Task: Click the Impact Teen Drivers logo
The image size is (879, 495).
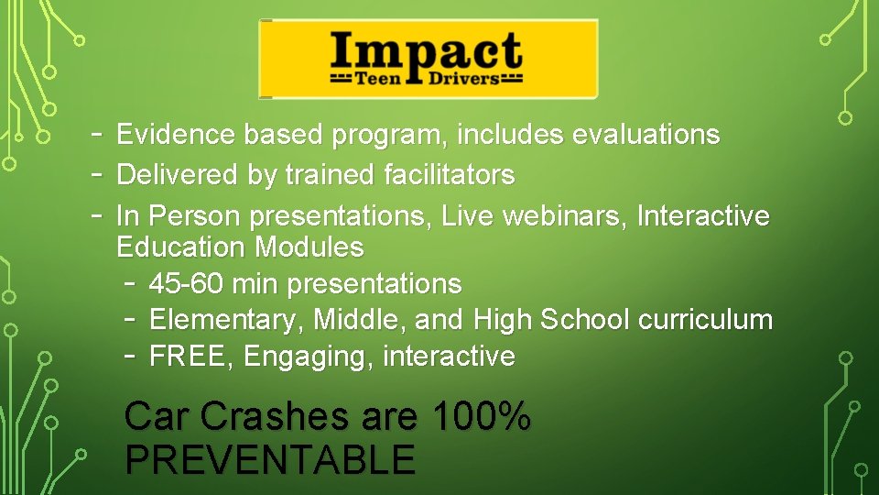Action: (x=428, y=59)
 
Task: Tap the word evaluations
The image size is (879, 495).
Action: (x=646, y=135)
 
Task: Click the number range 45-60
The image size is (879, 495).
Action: (x=187, y=284)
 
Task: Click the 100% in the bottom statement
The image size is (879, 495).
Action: (x=481, y=417)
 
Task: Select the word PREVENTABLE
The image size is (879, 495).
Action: (x=270, y=459)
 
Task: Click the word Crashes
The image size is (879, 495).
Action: (x=274, y=417)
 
